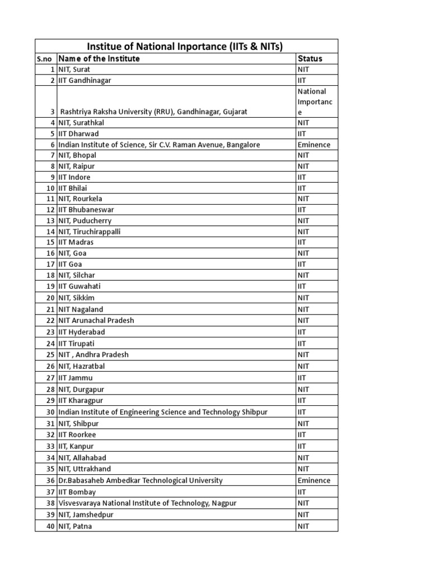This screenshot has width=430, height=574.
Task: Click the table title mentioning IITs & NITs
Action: point(187,46)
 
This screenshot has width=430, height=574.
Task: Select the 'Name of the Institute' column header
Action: point(99,58)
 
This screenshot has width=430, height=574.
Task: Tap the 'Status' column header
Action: point(310,58)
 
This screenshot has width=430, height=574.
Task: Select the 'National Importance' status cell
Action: point(315,101)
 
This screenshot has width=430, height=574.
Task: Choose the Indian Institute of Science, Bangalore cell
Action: point(159,145)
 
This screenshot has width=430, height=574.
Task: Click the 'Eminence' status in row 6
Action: point(314,145)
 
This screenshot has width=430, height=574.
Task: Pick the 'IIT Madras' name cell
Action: point(76,242)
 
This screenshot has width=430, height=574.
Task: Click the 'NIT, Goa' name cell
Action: point(72,253)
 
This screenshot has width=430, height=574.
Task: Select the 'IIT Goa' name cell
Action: point(71,264)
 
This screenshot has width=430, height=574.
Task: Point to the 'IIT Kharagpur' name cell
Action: point(81,400)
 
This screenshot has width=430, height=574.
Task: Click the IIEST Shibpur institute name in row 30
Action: point(163,412)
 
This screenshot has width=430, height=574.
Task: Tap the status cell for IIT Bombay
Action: point(302,492)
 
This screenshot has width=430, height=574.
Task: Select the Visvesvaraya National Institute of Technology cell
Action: point(147,503)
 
